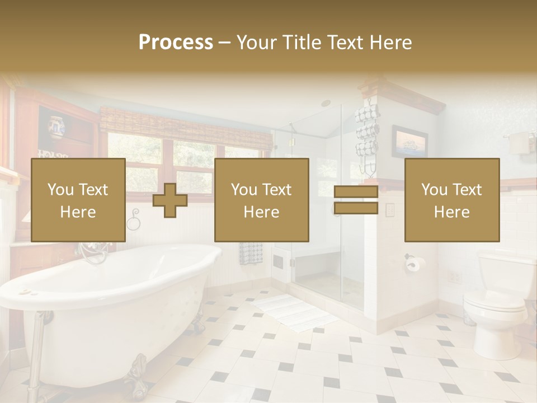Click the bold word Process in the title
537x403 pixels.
(176, 42)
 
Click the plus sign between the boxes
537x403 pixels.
(170, 200)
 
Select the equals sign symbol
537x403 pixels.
(356, 200)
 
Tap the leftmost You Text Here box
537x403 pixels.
(78, 200)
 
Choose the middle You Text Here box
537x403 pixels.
(261, 200)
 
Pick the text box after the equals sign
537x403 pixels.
(451, 200)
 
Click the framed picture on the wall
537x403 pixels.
(409, 142)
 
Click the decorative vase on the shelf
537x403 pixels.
(56, 128)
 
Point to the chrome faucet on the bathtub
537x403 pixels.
(92, 252)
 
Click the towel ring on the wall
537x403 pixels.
(133, 222)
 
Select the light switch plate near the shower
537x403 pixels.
(390, 209)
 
